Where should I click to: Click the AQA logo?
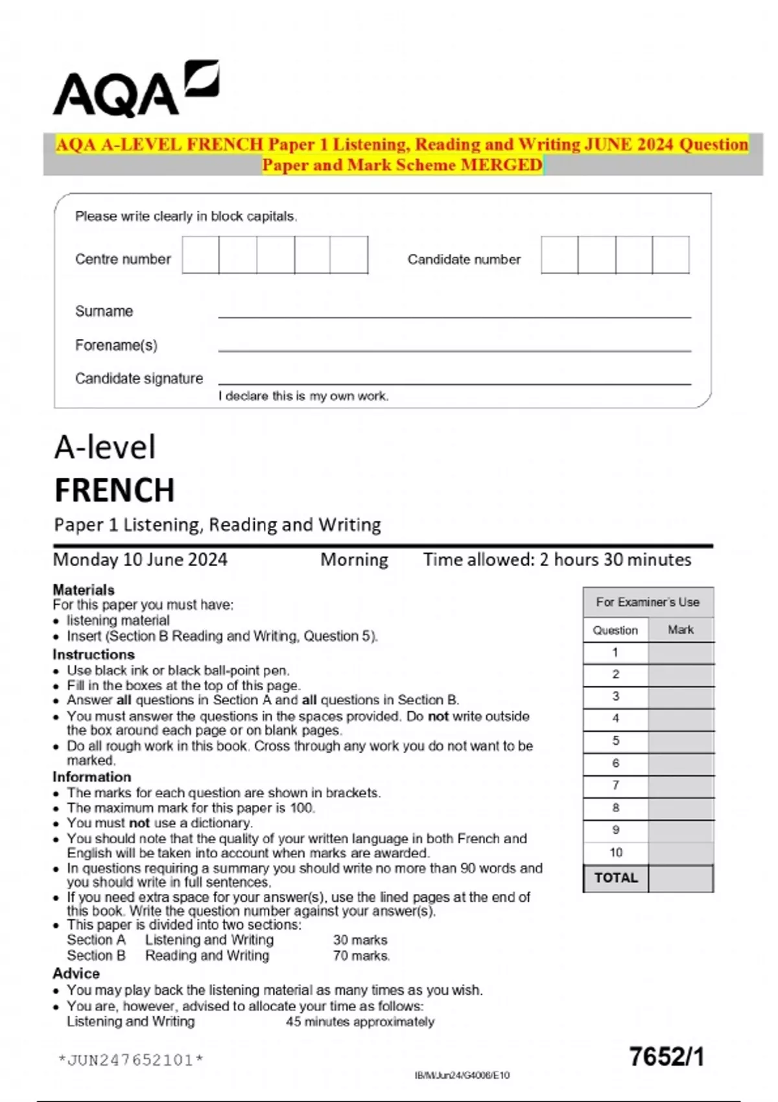[x=136, y=89]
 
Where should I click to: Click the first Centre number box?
[x=200, y=255]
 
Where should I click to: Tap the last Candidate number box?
[x=670, y=255]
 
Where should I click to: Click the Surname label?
[x=104, y=311]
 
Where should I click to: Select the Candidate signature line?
[x=454, y=383]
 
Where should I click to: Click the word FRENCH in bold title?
[x=115, y=490]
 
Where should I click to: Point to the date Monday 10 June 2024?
[x=140, y=559]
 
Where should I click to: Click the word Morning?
[x=354, y=559]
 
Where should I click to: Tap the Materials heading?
[x=84, y=590]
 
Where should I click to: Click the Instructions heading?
[x=93, y=654]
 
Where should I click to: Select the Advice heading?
[x=76, y=974]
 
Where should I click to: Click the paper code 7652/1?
[x=666, y=1057]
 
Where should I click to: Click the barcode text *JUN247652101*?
[x=130, y=1061]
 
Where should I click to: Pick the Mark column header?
[x=680, y=629]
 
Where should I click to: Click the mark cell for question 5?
[x=680, y=741]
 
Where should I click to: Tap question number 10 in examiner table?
[x=615, y=852]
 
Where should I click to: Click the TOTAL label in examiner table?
[x=615, y=878]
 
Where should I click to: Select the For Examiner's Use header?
[x=648, y=602]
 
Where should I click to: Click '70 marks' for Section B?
[x=361, y=955]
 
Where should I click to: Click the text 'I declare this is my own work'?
[x=303, y=396]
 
